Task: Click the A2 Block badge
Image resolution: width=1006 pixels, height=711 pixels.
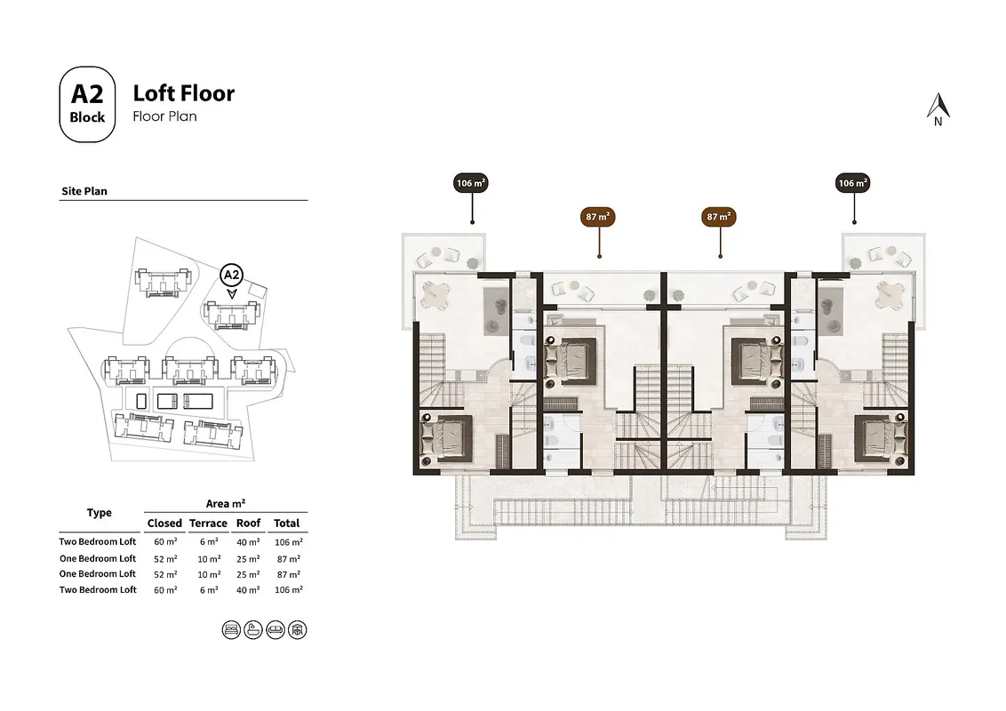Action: (87, 104)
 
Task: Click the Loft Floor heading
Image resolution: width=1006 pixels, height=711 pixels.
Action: (183, 93)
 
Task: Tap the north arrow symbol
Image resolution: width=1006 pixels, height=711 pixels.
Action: (938, 109)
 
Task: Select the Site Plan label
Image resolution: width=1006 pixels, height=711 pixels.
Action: (84, 191)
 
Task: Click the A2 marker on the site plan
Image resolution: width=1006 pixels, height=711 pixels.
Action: (231, 276)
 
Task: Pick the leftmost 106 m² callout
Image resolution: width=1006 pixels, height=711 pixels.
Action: (471, 183)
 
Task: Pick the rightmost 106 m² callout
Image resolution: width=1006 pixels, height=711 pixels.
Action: (852, 183)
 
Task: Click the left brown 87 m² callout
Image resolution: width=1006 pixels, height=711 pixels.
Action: (597, 217)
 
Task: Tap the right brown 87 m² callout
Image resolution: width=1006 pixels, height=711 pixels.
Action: (719, 217)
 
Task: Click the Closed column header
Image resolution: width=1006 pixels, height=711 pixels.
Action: (164, 523)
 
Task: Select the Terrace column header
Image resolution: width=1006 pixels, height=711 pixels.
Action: (208, 523)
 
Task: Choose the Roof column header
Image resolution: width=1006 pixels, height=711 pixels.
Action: (248, 523)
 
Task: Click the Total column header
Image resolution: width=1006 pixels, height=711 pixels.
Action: (287, 523)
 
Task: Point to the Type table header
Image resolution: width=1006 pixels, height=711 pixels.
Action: (100, 513)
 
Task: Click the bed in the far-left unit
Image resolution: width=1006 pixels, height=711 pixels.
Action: (446, 439)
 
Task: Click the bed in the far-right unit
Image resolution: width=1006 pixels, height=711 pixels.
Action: (881, 439)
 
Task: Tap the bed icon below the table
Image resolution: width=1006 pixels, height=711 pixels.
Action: (231, 630)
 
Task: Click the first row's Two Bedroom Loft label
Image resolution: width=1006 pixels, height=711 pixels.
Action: (98, 541)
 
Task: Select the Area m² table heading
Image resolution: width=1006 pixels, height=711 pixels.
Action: (225, 504)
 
